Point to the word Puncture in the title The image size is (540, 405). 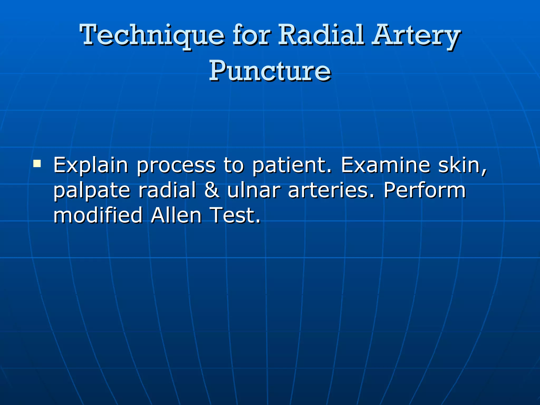click(x=270, y=71)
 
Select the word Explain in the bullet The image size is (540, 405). click(x=91, y=165)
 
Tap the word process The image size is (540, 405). click(x=176, y=165)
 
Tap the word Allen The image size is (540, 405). click(x=176, y=215)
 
